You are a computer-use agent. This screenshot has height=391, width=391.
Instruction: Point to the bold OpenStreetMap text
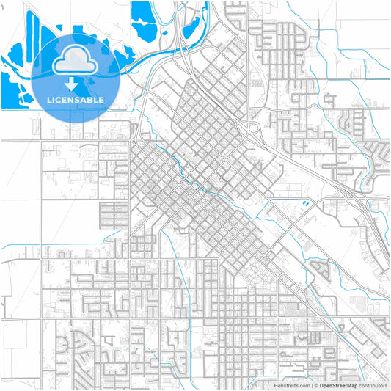(x=339, y=384)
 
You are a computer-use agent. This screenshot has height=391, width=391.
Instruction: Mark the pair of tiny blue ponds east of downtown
(x=302, y=202)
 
